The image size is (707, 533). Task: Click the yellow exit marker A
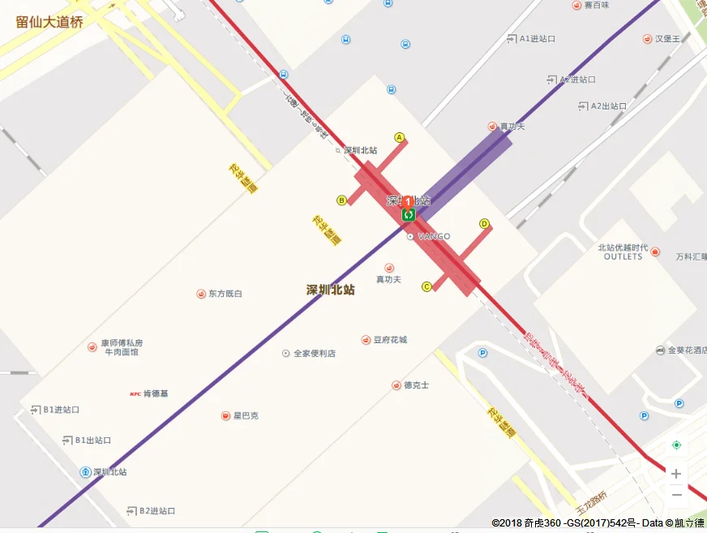(x=399, y=137)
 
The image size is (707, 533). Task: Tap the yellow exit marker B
(x=342, y=200)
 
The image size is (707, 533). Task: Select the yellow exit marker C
(x=426, y=286)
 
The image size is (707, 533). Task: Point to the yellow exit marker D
(x=485, y=224)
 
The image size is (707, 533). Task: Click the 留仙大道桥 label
(x=49, y=22)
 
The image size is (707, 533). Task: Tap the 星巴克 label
(x=246, y=415)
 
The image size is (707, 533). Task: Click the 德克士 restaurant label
(x=416, y=385)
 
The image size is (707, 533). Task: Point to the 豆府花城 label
(x=390, y=339)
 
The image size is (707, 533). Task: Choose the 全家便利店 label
(x=314, y=353)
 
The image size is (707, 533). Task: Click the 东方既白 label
(x=225, y=293)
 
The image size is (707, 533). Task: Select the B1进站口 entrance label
(x=61, y=410)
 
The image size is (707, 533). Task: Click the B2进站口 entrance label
(x=156, y=511)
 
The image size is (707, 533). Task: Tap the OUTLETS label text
(x=623, y=256)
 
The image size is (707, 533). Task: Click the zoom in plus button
(x=676, y=474)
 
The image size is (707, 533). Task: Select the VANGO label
(x=433, y=237)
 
